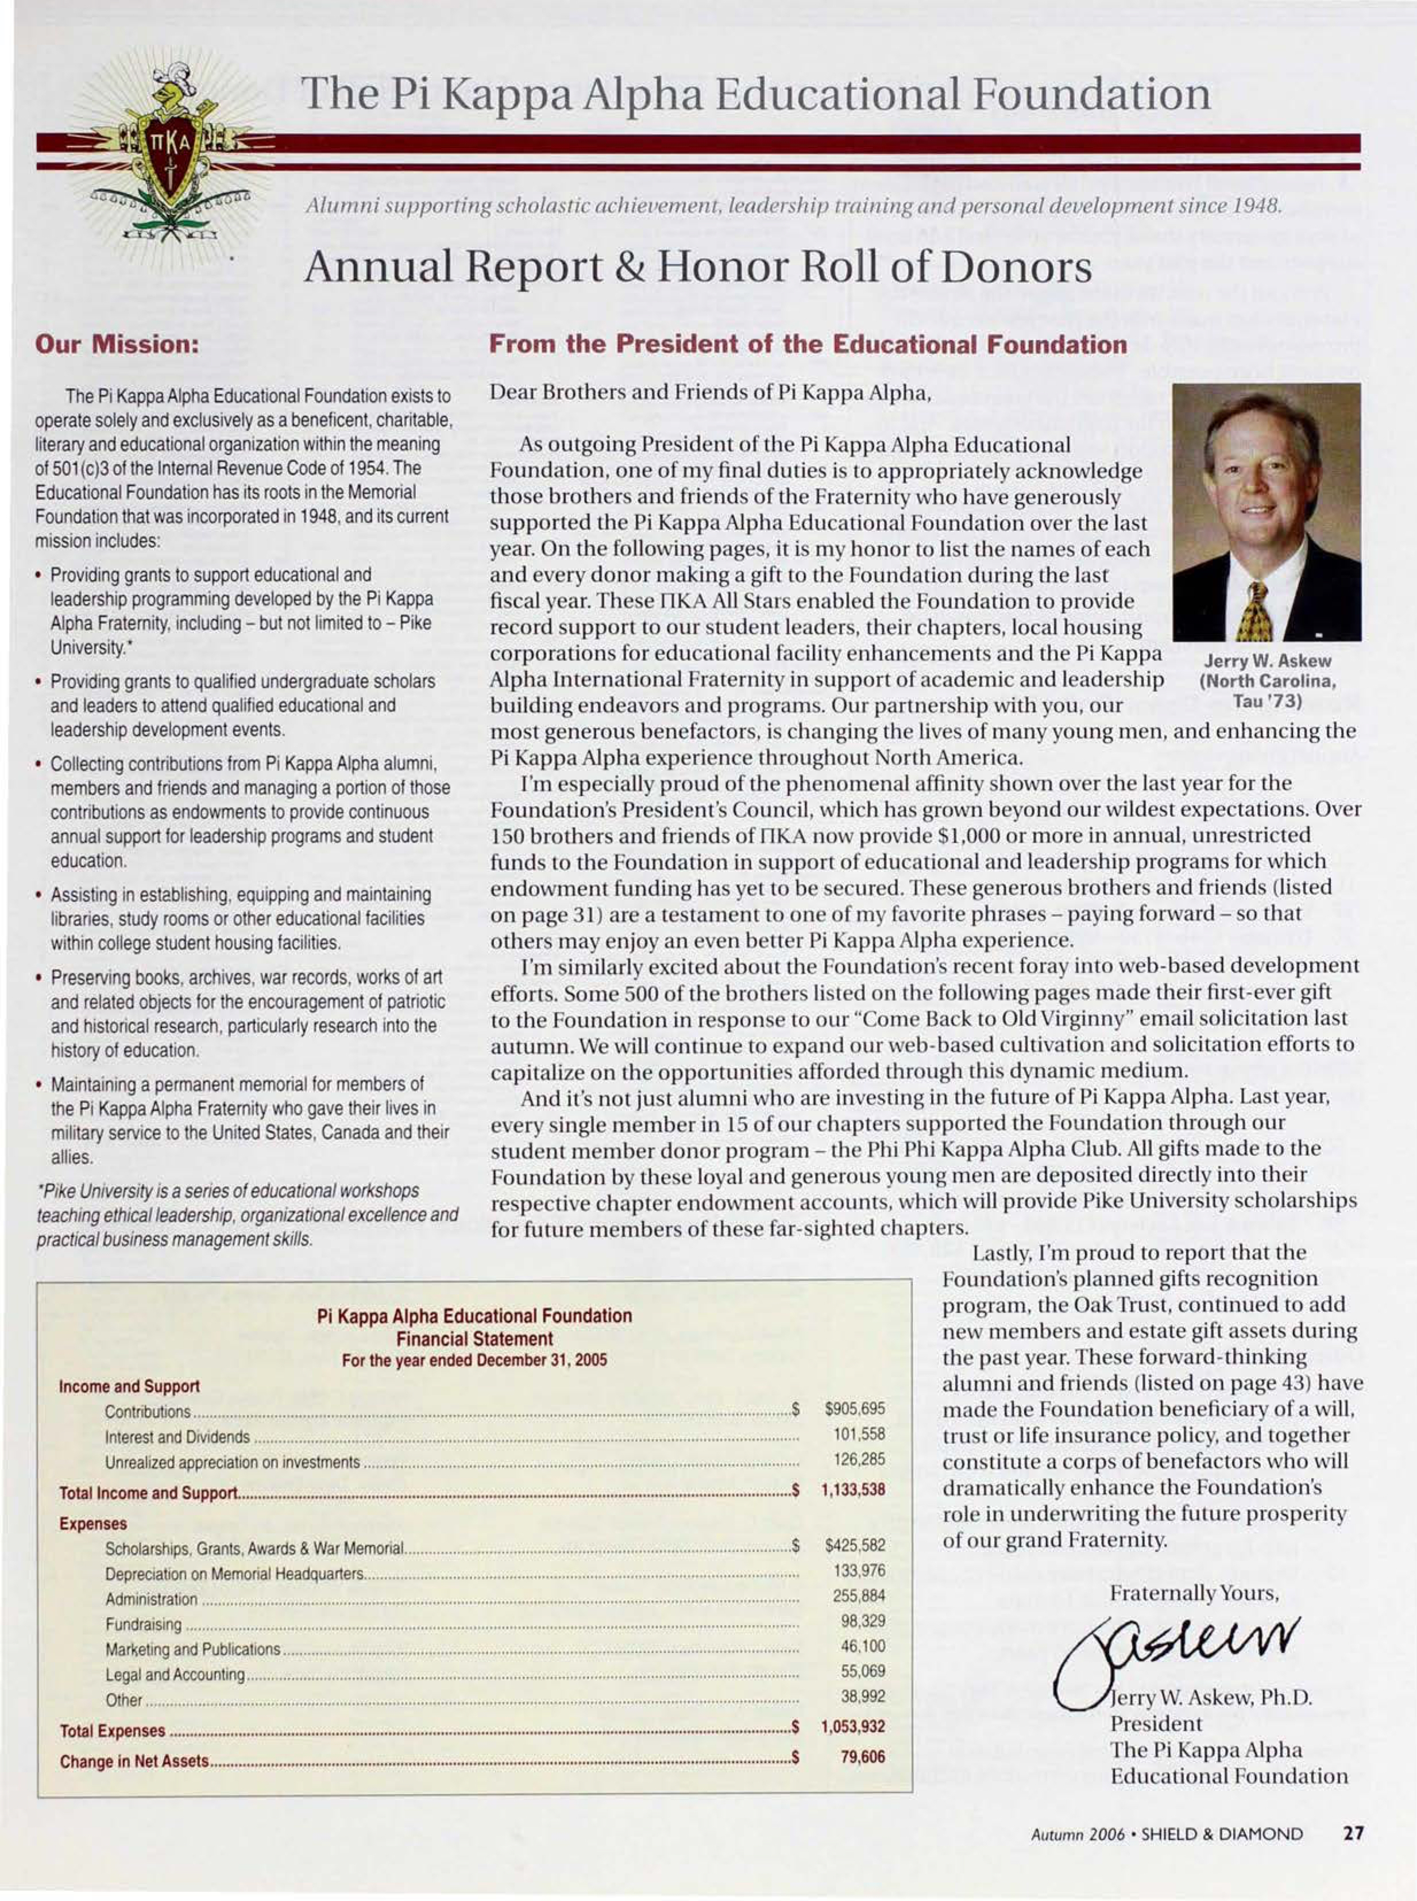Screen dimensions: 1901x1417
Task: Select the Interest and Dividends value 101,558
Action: point(859,1433)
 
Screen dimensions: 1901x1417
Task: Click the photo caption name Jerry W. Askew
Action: point(1267,662)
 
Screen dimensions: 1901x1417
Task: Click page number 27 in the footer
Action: point(1353,1834)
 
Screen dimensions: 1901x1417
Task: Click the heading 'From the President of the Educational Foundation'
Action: point(807,345)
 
